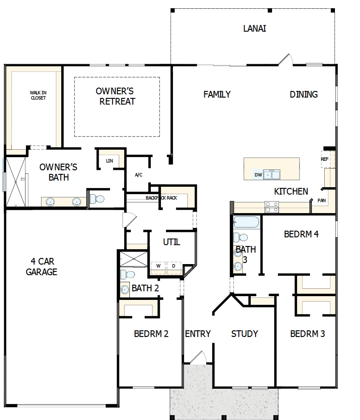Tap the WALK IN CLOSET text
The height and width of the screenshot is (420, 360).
(x=38, y=95)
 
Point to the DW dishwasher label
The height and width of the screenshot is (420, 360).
(x=258, y=175)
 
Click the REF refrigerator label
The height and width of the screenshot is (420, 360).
(x=325, y=159)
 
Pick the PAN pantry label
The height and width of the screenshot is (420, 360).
(x=321, y=201)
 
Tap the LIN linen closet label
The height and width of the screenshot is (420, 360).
(x=109, y=161)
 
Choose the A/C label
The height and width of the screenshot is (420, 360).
(x=138, y=175)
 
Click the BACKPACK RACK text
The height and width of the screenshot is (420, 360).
(x=161, y=198)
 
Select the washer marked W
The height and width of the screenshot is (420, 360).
(x=158, y=266)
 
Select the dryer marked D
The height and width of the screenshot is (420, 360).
(x=173, y=266)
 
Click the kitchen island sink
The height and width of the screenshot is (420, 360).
(x=272, y=175)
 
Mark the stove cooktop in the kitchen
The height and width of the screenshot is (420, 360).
(x=272, y=207)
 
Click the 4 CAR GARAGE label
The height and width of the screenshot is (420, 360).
(x=42, y=267)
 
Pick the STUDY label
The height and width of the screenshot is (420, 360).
(x=245, y=334)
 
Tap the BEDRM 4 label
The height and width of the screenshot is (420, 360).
(x=301, y=234)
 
